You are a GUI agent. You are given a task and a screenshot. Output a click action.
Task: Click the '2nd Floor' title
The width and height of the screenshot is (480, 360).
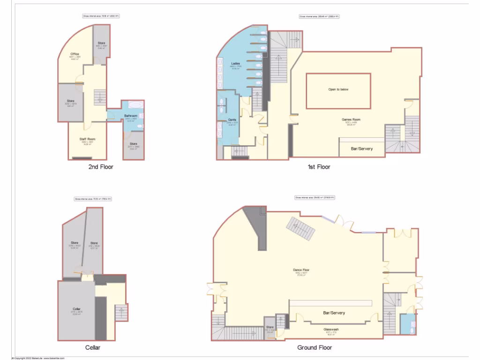click(x=100, y=166)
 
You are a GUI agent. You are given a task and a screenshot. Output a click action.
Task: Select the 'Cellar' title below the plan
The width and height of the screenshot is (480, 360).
click(x=93, y=347)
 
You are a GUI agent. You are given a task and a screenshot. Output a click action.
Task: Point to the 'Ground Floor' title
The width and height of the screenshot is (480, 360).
click(x=315, y=347)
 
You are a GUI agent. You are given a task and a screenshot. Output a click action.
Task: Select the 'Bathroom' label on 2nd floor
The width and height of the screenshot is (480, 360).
click(x=131, y=116)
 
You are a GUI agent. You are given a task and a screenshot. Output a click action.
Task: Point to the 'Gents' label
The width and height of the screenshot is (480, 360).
click(x=232, y=120)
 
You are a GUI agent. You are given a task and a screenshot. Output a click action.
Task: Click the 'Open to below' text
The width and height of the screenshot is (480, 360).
click(x=338, y=89)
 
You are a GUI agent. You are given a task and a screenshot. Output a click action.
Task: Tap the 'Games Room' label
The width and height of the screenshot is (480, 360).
click(x=351, y=120)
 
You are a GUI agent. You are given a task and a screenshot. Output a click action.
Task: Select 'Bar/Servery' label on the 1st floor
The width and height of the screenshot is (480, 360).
click(x=362, y=149)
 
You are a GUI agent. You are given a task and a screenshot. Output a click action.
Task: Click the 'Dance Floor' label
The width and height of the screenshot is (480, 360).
click(x=301, y=270)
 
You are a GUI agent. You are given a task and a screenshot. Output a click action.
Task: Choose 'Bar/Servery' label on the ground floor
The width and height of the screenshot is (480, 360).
click(x=334, y=313)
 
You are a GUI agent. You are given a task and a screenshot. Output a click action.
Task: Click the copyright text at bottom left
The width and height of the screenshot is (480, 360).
click(x=32, y=358)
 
